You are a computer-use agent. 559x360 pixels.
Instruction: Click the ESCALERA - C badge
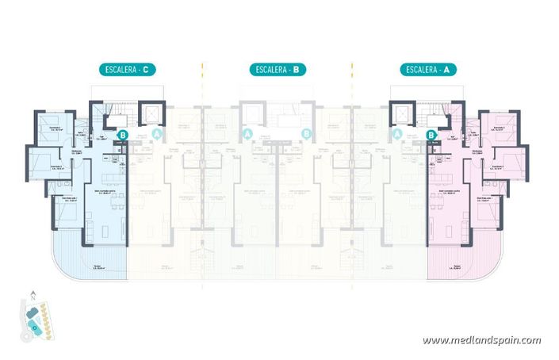coord(127,69)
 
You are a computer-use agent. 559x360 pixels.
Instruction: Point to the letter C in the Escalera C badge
coord(148,69)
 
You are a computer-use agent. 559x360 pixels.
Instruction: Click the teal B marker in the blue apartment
coord(124,136)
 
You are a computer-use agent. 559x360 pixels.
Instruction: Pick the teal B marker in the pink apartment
coord(431,136)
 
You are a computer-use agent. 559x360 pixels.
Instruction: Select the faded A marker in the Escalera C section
coord(157,136)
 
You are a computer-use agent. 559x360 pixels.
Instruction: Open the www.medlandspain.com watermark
coord(481,341)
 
